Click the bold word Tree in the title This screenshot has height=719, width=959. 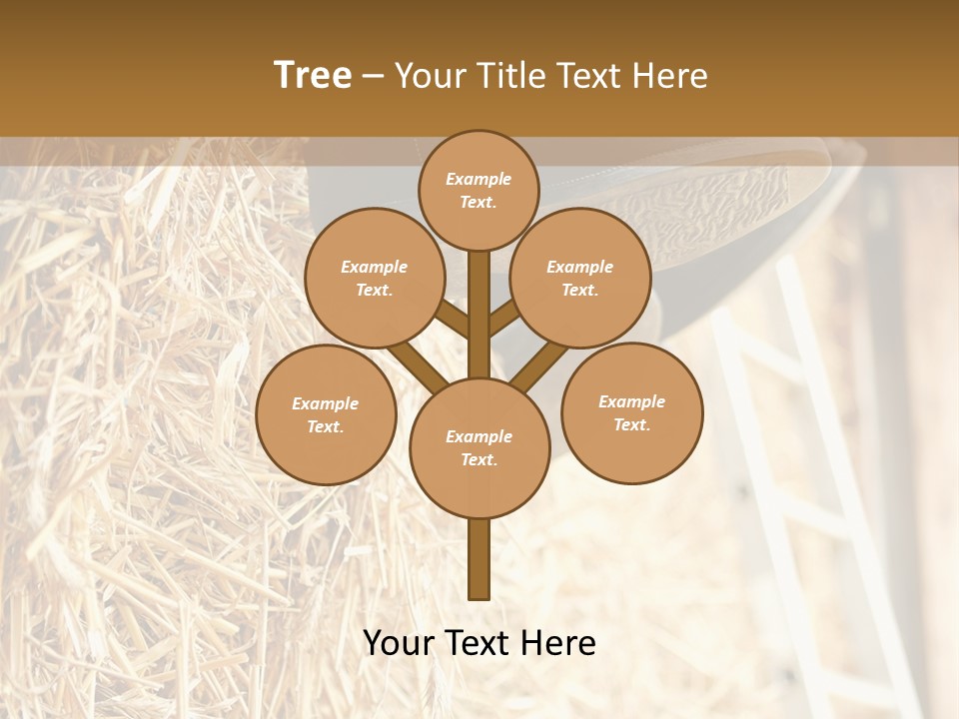click(x=313, y=75)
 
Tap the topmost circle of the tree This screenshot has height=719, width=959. click(x=479, y=190)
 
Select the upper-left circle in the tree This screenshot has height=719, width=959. click(x=374, y=278)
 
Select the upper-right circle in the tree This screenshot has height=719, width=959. click(x=580, y=278)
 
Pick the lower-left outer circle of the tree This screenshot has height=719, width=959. click(x=326, y=414)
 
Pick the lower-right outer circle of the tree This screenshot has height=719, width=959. click(x=632, y=412)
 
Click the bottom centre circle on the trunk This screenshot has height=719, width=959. click(x=479, y=447)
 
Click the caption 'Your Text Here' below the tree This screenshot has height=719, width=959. click(x=479, y=643)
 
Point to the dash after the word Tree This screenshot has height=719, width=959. click(x=373, y=77)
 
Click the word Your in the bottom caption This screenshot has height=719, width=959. click(x=399, y=643)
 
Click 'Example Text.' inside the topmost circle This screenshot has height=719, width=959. click(x=479, y=190)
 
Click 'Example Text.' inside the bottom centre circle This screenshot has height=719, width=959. click(x=479, y=447)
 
